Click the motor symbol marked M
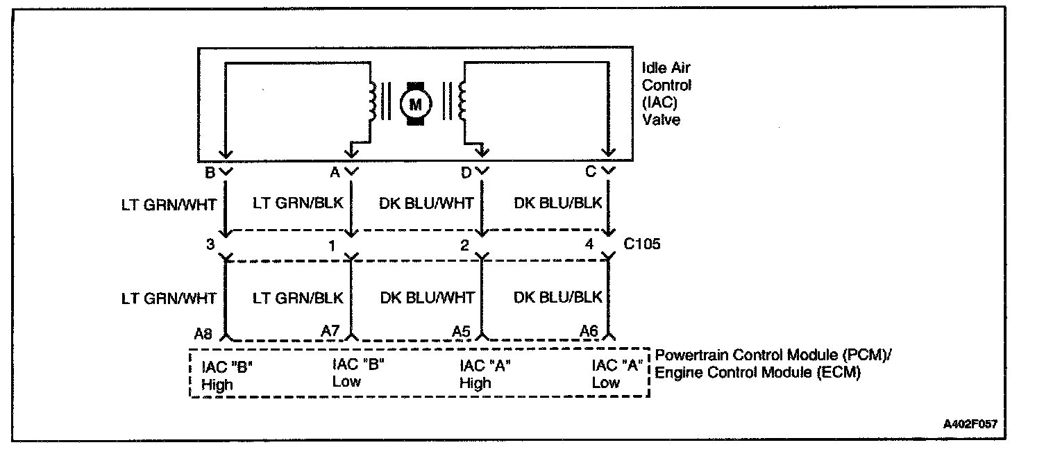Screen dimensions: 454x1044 pyautogui.click(x=416, y=104)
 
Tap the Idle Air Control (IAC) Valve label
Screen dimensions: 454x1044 pyautogui.click(x=666, y=94)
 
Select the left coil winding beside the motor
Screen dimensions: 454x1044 pyautogui.click(x=373, y=101)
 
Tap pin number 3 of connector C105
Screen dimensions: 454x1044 pyautogui.click(x=210, y=245)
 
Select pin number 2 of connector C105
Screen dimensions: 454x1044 pyautogui.click(x=464, y=245)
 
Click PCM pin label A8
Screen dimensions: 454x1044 pyautogui.click(x=203, y=334)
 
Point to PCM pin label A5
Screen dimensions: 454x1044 pyautogui.click(x=460, y=333)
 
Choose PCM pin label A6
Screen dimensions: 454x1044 pyautogui.click(x=589, y=333)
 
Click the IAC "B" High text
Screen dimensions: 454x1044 pyautogui.click(x=226, y=374)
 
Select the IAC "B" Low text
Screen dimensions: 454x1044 pyautogui.click(x=357, y=372)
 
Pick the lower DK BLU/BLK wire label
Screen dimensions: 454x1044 pyautogui.click(x=557, y=298)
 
